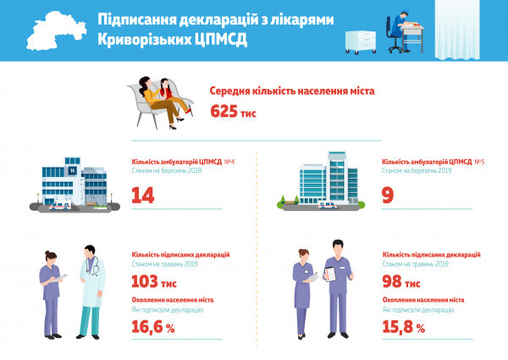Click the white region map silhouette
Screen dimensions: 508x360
click(x=55, y=31)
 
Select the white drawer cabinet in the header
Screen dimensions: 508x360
click(x=361, y=42)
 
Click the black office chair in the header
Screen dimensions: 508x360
click(x=393, y=36)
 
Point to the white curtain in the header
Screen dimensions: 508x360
click(x=457, y=30)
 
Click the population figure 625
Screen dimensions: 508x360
click(x=224, y=111)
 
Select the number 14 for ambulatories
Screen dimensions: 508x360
click(x=143, y=195)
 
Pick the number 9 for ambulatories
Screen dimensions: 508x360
click(x=388, y=195)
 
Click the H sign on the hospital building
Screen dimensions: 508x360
click(x=73, y=171)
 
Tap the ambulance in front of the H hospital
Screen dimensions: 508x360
click(x=60, y=206)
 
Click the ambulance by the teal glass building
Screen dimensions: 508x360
click(x=327, y=205)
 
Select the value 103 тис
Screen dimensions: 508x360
click(x=154, y=281)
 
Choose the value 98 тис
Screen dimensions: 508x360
click(x=401, y=281)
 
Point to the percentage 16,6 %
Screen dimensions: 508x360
click(x=153, y=327)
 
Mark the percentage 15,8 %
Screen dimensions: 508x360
click(x=403, y=327)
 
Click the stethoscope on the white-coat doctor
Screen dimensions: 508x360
click(x=92, y=266)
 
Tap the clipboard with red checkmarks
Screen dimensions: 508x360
click(x=330, y=274)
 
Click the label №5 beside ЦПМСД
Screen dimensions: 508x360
click(x=479, y=162)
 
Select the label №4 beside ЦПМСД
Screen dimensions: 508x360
click(x=229, y=162)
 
